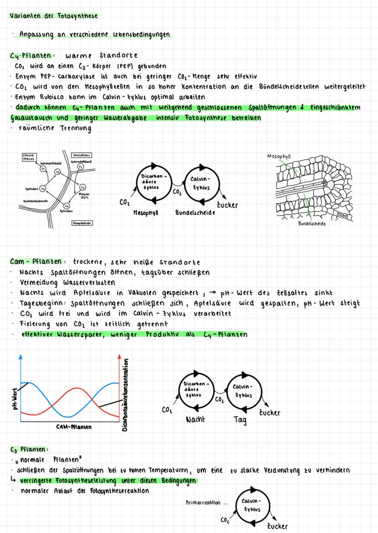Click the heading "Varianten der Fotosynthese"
coord(54,16)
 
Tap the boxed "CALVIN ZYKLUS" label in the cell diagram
coord(30,158)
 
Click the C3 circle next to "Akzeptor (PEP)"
coord(83,187)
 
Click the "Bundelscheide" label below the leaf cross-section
coord(313,224)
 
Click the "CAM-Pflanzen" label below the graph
coord(74,427)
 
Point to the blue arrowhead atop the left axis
coord(20,357)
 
